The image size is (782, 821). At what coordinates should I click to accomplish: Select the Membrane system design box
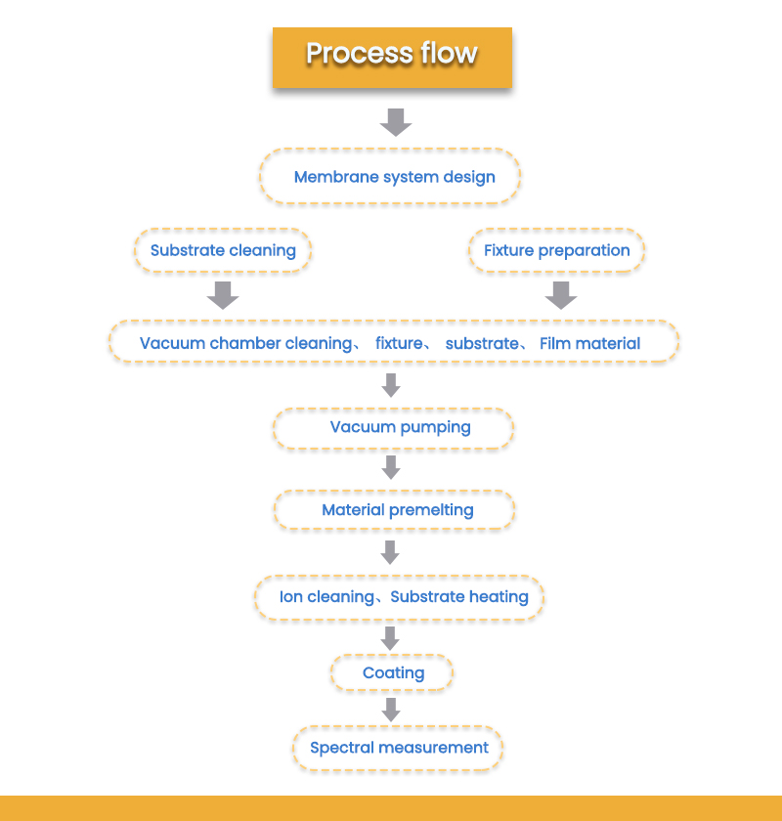tap(390, 177)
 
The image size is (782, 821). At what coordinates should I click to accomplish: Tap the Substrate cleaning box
tap(223, 250)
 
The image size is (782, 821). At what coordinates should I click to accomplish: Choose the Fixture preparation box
tap(557, 250)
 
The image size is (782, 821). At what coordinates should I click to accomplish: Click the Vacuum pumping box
tap(392, 427)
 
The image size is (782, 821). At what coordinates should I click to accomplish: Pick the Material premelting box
tap(394, 510)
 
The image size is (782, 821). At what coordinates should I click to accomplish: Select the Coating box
tap(392, 672)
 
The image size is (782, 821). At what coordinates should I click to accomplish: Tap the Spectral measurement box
tap(398, 748)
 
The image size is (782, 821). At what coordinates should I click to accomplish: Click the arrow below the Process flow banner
tap(395, 121)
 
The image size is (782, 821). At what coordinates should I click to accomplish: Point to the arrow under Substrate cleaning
tap(224, 295)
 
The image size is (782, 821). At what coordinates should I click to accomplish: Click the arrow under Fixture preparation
tap(560, 295)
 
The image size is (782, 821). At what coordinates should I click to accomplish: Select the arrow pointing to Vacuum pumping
tap(391, 385)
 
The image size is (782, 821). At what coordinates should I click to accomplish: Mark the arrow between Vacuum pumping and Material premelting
tap(391, 467)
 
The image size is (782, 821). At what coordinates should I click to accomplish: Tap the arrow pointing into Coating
tap(391, 637)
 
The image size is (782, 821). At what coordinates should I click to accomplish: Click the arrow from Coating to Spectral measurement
tap(391, 709)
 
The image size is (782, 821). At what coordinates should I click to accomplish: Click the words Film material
tap(589, 343)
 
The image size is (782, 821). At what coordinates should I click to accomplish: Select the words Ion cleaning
tap(326, 596)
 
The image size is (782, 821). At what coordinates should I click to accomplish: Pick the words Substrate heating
tap(459, 596)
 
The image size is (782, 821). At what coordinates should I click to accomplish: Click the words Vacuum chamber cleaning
tap(245, 343)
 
